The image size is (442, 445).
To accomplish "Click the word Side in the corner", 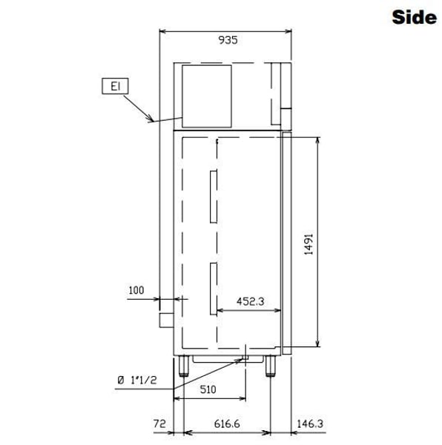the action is (x=415, y=17).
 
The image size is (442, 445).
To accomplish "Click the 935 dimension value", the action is (x=228, y=40).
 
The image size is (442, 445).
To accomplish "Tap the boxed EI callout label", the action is (x=115, y=86).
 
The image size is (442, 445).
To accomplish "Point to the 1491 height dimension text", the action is (x=309, y=244).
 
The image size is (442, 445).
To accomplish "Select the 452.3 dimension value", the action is (x=250, y=301).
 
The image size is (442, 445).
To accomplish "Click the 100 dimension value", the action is (x=136, y=290).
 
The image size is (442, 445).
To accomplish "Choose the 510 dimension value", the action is (x=208, y=389).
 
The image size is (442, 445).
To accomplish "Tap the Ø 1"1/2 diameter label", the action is (x=137, y=380).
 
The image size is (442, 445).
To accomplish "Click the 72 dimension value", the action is (x=159, y=423).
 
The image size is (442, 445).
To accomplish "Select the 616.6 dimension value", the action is (x=227, y=423).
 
